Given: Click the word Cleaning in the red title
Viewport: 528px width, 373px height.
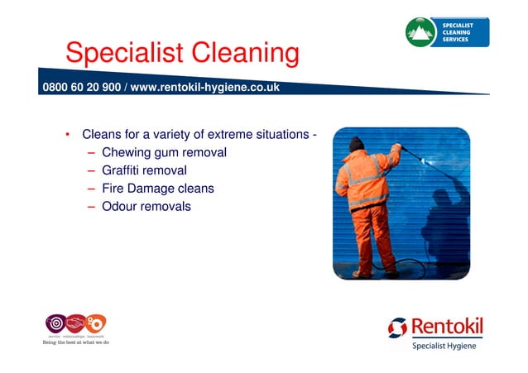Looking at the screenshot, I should coord(245,55).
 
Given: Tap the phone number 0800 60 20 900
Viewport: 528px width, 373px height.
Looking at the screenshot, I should coord(81,87).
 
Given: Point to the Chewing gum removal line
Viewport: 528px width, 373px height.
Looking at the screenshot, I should coord(164,152).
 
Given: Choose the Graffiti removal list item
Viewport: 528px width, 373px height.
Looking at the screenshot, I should coord(143,170).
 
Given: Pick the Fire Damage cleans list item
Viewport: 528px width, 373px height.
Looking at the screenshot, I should coord(157,189).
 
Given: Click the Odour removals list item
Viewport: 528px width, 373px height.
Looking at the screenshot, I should coord(146,206).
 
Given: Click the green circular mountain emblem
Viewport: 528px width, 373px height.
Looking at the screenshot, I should coord(421,32).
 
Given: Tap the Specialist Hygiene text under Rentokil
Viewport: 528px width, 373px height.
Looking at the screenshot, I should coord(444,346).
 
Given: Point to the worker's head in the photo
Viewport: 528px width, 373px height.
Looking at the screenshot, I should coord(357,144).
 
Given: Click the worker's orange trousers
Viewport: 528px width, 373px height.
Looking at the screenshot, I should coord(369,236).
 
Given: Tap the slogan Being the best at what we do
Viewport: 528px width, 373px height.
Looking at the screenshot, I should coord(76,342).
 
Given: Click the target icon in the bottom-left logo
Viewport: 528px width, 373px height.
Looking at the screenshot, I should coord(55,323).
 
